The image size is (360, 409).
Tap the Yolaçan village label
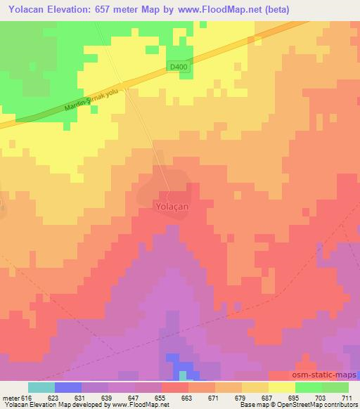point(169,207)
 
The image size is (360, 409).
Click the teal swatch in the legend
point(41,387)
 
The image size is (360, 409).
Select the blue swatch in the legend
point(68,387)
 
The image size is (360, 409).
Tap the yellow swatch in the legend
point(282,387)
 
